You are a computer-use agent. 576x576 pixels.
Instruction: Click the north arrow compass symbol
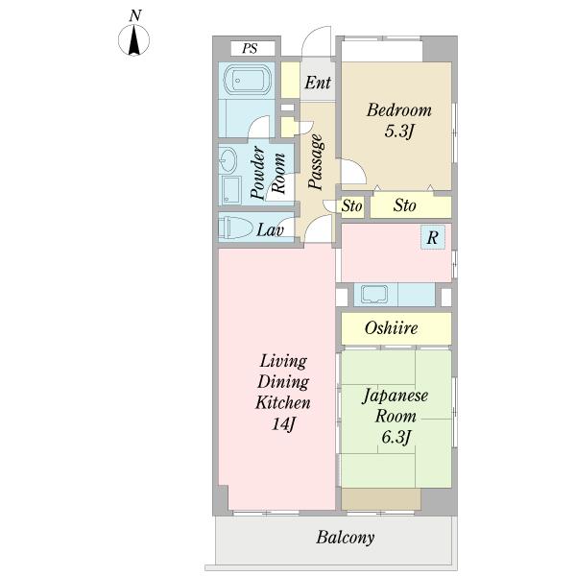(x=133, y=40)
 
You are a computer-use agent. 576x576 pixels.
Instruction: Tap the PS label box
(x=252, y=49)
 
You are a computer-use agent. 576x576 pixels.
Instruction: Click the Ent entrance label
(x=318, y=83)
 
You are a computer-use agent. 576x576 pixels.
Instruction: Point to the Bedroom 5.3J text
(x=399, y=120)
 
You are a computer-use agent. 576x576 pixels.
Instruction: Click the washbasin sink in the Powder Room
(x=228, y=159)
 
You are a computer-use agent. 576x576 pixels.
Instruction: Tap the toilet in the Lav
(x=235, y=228)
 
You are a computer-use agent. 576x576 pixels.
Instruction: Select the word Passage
(x=316, y=162)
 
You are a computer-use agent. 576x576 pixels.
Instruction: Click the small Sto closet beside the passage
(x=352, y=206)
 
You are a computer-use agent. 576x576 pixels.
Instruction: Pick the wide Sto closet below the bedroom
(x=411, y=206)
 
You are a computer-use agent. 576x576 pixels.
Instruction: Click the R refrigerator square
(x=433, y=237)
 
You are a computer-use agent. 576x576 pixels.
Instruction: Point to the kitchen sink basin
(x=374, y=295)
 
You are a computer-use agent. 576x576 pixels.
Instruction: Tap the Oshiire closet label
(x=392, y=328)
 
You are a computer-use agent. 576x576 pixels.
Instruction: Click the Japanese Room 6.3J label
(x=396, y=417)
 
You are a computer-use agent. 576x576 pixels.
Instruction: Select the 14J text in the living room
(x=283, y=423)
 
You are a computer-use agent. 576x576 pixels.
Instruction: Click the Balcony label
(x=346, y=538)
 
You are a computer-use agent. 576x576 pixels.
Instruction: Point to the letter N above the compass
(x=135, y=15)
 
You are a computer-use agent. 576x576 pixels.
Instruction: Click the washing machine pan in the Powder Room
(x=230, y=190)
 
